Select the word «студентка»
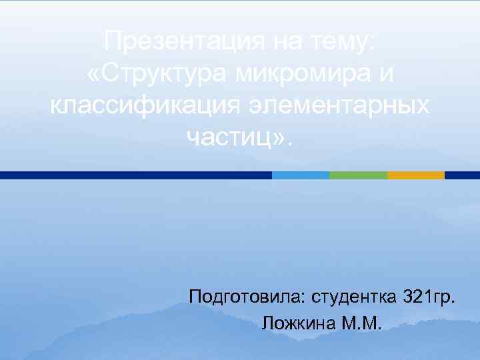tap(353, 295)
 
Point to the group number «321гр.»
tap(431, 295)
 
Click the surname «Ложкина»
tap(299, 324)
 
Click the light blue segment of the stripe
tap(301, 175)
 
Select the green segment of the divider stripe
tap(358, 175)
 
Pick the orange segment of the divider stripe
tap(416, 175)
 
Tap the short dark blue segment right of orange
tap(462, 175)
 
